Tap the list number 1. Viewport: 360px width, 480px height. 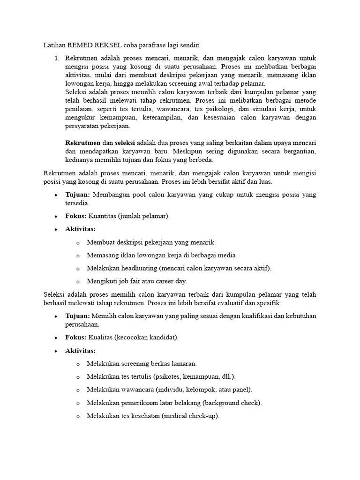coord(56,58)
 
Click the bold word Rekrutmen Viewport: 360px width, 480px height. coord(82,143)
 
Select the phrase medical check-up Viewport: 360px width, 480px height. coord(194,416)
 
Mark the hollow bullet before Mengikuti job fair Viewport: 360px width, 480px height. coord(77,282)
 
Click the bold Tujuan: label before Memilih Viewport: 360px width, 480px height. coord(77,315)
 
